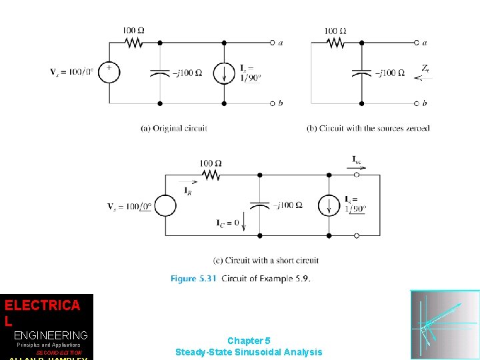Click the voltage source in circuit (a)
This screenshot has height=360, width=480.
[x=109, y=72]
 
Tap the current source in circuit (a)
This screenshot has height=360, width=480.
[x=224, y=72]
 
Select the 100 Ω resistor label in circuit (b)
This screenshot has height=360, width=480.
[x=335, y=31]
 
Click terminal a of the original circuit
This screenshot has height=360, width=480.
[x=272, y=43]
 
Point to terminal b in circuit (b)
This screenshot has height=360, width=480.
[x=417, y=103]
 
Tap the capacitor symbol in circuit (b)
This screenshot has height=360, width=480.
[x=361, y=72]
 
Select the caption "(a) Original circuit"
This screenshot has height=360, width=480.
[x=174, y=128]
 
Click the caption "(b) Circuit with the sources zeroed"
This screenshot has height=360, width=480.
[x=368, y=128]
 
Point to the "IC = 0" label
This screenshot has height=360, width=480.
[x=227, y=223]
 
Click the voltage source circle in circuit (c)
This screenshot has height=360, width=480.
[x=165, y=205]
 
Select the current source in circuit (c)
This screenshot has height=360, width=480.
[x=329, y=205]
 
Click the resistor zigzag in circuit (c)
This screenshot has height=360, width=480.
[x=211, y=175]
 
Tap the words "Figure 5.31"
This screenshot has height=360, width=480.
[x=193, y=279]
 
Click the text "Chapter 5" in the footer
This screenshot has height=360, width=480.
[x=248, y=341]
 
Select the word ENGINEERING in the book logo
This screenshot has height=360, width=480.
[x=51, y=335]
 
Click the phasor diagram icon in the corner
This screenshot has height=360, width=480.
[x=445, y=325]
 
